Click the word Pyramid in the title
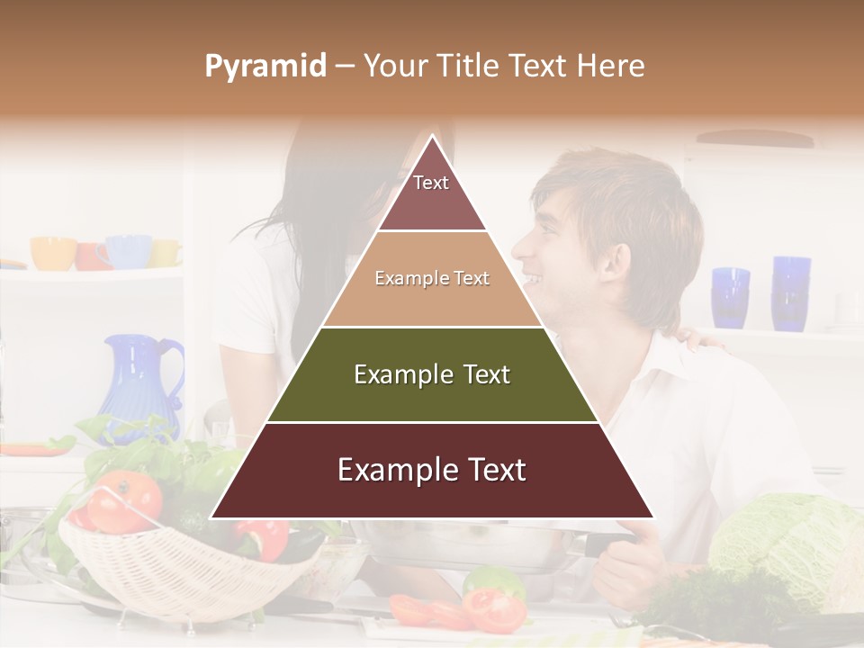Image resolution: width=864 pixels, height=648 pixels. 265,67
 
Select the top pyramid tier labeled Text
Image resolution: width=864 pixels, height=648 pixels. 431,193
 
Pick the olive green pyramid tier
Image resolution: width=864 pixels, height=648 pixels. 432,374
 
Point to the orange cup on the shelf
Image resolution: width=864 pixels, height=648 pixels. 52,253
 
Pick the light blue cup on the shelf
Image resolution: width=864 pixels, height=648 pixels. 129,251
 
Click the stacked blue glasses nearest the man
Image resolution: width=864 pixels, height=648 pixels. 730,297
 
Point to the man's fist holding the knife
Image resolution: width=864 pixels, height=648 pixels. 630,562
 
